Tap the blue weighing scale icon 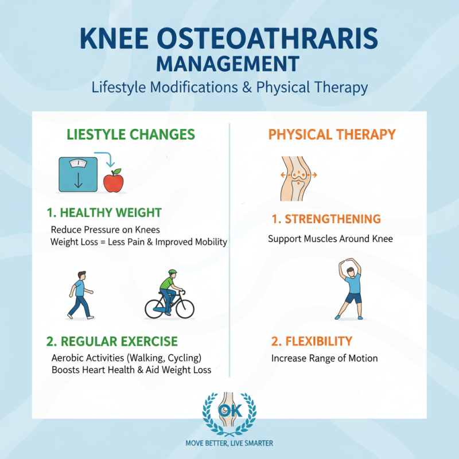pyautogui.click(x=76, y=174)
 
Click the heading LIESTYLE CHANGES pyautogui.click(x=131, y=135)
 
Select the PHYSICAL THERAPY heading pyautogui.click(x=332, y=135)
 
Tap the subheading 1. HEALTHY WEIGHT pyautogui.click(x=104, y=213)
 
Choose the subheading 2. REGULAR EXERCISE pyautogui.click(x=112, y=341)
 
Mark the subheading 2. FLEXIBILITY pyautogui.click(x=312, y=341)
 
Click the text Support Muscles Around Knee pyautogui.click(x=330, y=238)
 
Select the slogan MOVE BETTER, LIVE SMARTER pyautogui.click(x=229, y=443)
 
